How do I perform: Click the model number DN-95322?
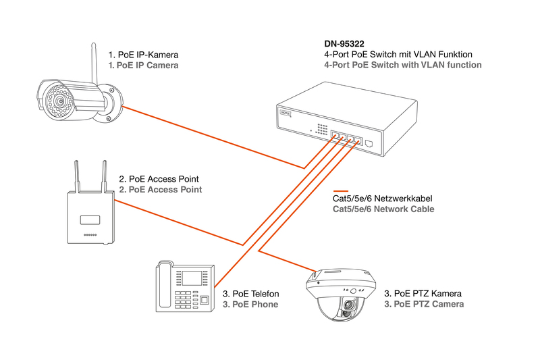(344, 44)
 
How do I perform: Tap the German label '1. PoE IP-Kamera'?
(143, 55)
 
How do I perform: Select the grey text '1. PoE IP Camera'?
(143, 66)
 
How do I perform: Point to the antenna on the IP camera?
(94, 63)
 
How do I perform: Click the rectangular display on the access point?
(90, 220)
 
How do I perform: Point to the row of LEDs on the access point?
(90, 235)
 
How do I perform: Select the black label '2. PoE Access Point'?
(159, 179)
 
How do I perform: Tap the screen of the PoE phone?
(192, 278)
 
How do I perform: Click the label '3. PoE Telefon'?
(250, 294)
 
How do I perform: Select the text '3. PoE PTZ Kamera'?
(423, 294)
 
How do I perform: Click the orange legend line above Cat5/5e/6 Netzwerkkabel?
(341, 191)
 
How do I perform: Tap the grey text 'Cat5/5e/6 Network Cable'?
(383, 209)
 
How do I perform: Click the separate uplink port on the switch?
(369, 143)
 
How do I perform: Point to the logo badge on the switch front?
(286, 113)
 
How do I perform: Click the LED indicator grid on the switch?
(323, 129)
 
